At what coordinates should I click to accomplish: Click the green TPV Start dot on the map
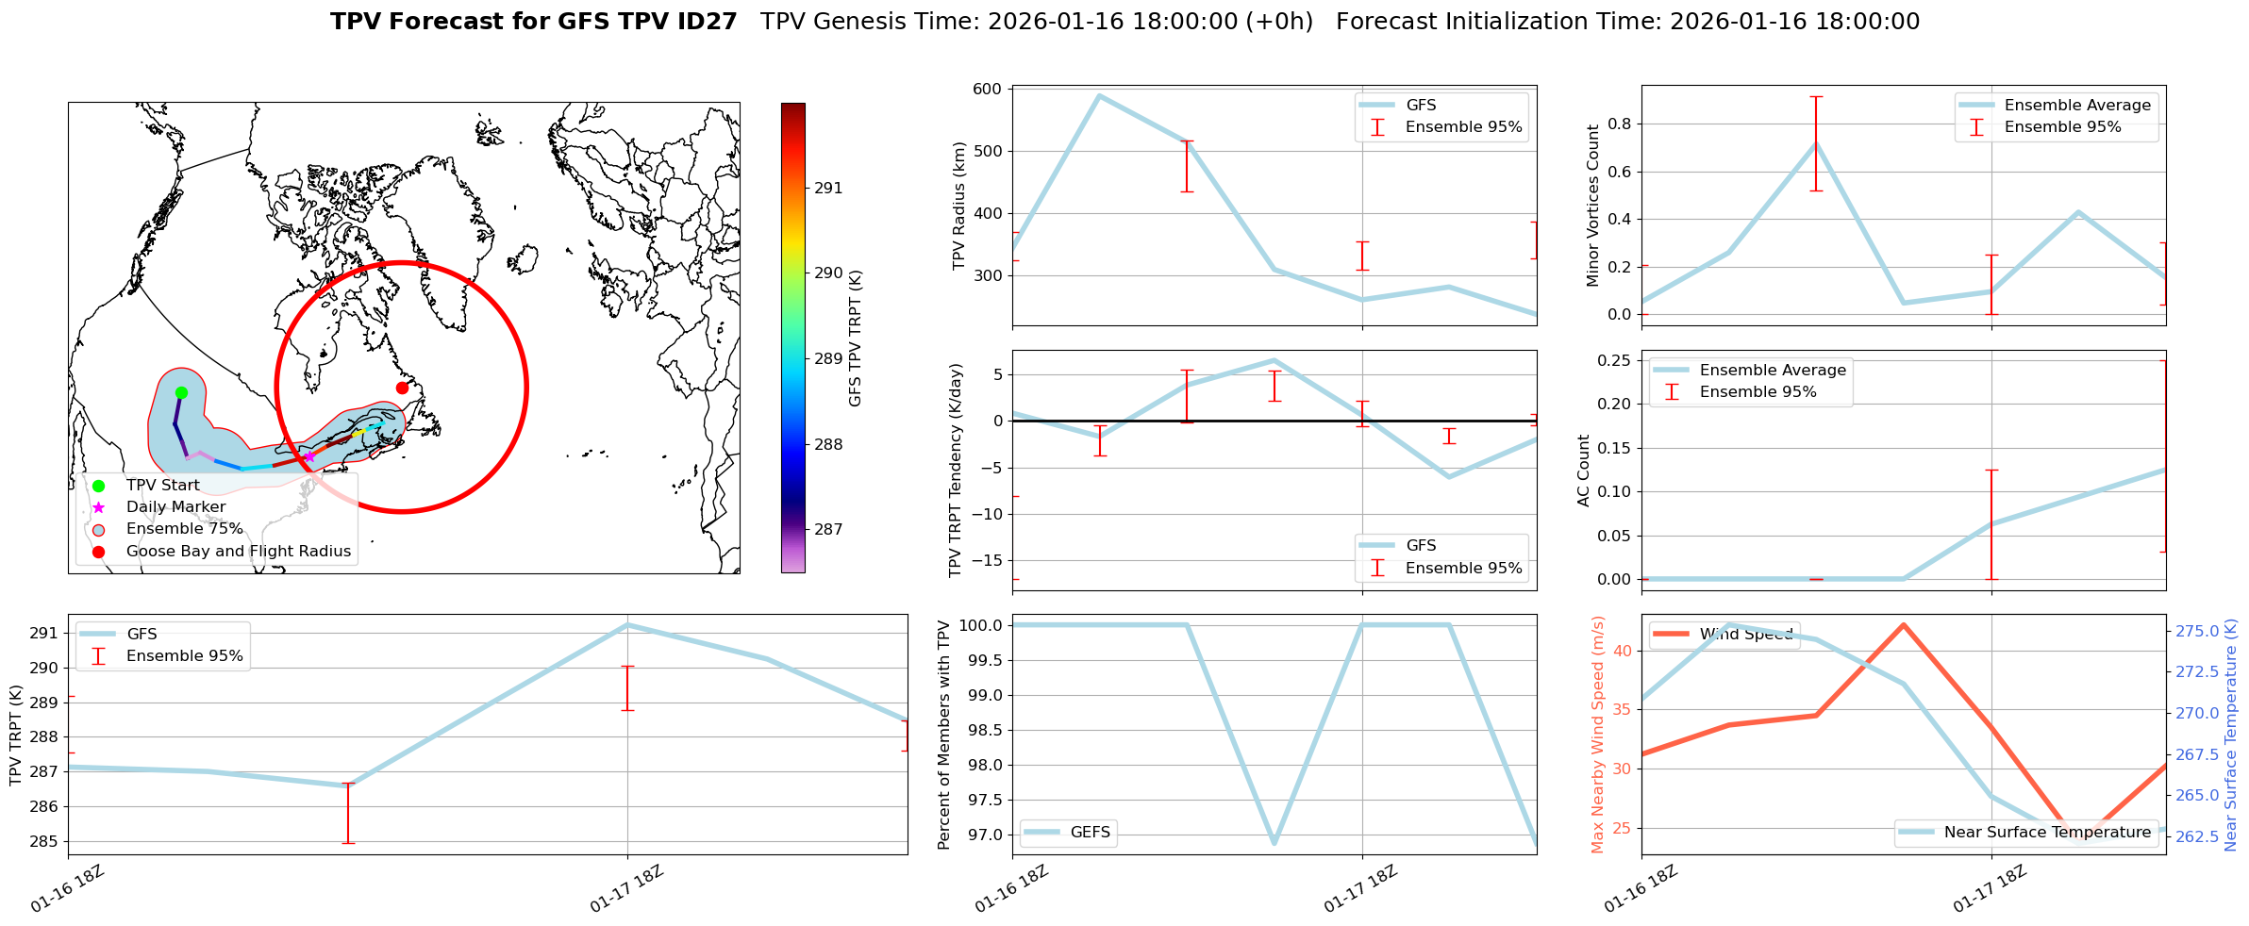point(181,392)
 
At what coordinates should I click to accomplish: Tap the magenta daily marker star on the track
point(309,456)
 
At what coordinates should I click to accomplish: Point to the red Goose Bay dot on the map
point(402,388)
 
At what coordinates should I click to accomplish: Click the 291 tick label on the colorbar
point(828,188)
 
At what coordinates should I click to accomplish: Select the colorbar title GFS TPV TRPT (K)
point(856,338)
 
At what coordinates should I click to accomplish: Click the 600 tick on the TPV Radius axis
point(988,89)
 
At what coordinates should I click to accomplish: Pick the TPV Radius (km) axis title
point(959,206)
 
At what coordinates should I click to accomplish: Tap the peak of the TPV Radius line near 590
point(1099,95)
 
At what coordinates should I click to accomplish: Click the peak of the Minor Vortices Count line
point(1816,143)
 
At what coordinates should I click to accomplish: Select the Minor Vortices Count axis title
point(1593,206)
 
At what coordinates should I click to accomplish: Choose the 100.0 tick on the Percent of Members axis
point(984,625)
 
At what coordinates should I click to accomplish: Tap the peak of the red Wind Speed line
point(1904,624)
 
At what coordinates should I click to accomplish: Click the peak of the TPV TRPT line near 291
point(627,624)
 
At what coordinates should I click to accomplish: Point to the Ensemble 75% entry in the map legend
point(184,529)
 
